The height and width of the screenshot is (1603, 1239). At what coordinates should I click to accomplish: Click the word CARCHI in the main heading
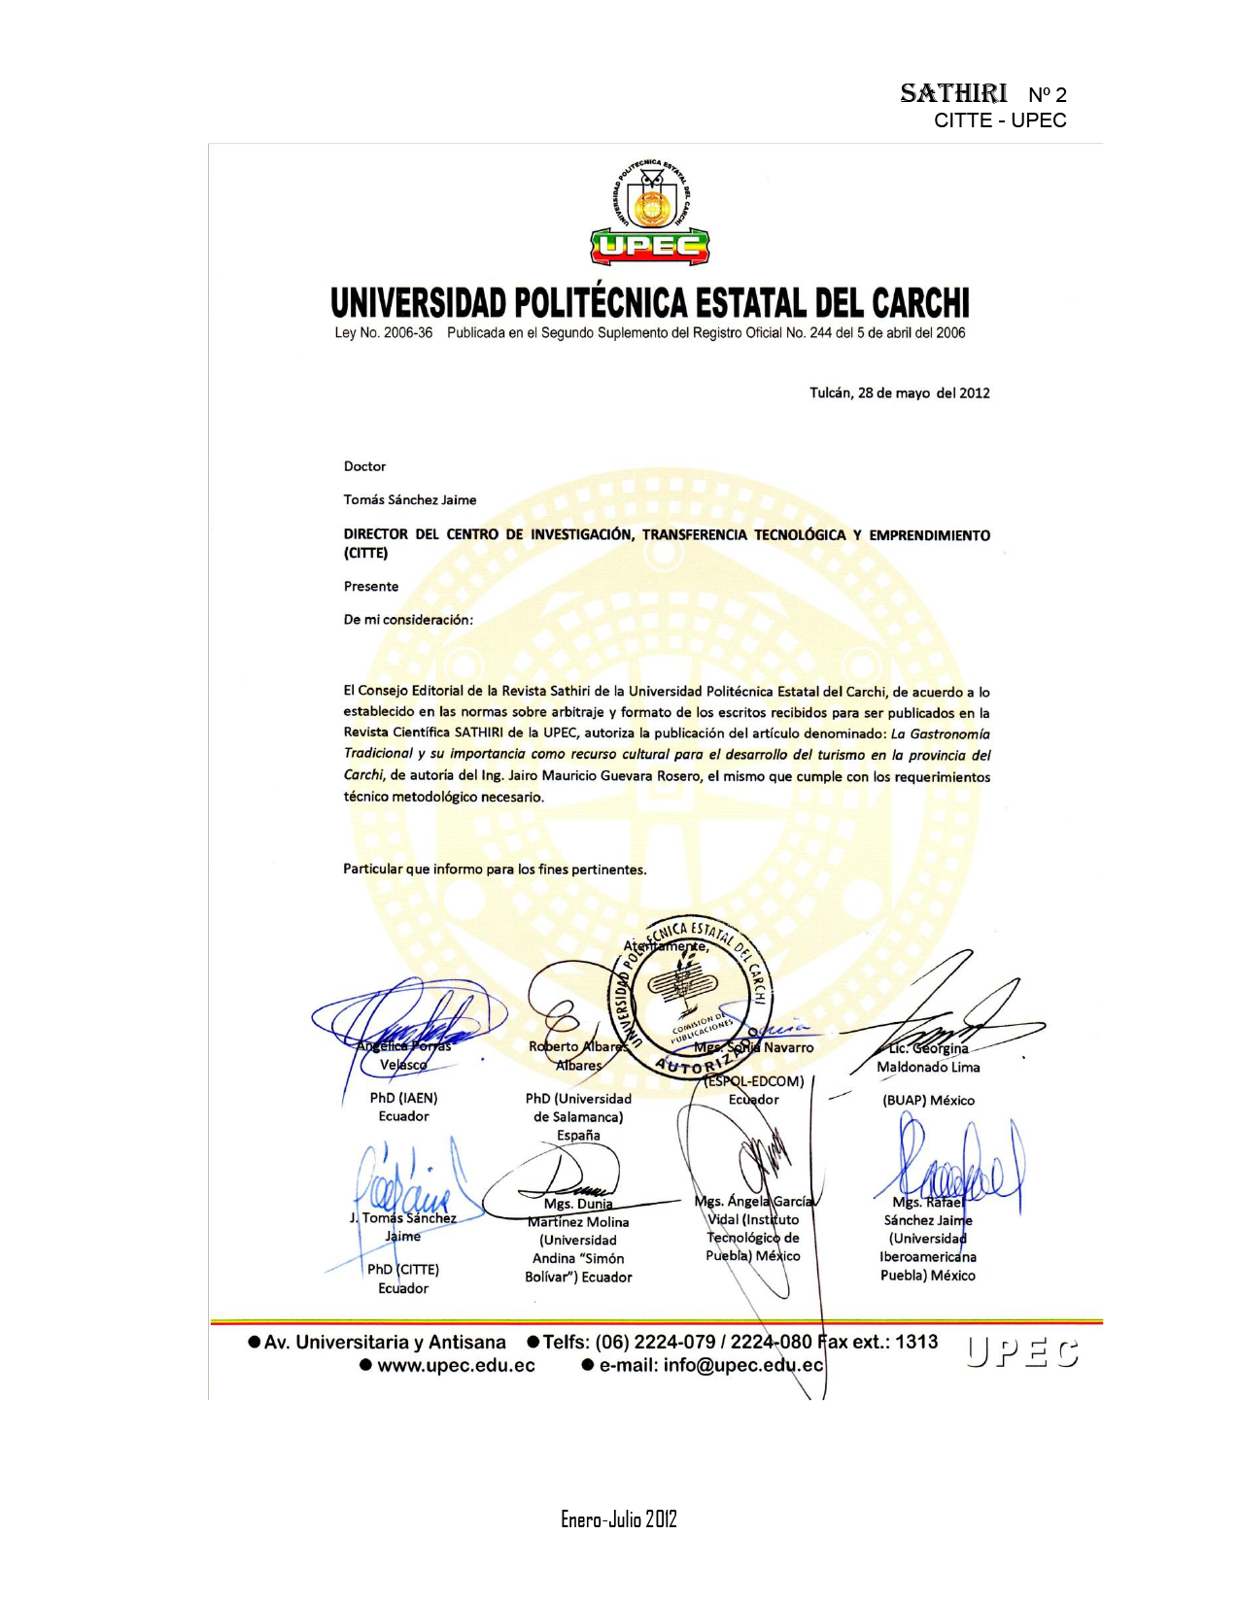(x=920, y=304)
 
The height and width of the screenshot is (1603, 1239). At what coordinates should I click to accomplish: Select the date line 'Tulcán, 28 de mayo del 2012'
(x=900, y=393)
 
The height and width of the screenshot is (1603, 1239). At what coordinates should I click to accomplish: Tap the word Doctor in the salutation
(x=364, y=466)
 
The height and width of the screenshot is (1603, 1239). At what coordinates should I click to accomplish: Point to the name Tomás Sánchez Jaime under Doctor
(x=410, y=500)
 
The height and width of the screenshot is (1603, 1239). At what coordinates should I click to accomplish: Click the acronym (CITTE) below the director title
(x=365, y=554)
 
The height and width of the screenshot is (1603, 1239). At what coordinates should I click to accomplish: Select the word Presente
(x=371, y=587)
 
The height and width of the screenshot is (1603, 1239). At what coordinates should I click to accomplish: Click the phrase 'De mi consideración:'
(x=408, y=620)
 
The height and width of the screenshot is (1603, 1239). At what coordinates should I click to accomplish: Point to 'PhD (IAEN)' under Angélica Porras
(x=403, y=1098)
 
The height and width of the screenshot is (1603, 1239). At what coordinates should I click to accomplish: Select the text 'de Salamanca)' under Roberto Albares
(x=578, y=1117)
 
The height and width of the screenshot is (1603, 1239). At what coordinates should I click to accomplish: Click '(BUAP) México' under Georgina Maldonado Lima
(x=928, y=1101)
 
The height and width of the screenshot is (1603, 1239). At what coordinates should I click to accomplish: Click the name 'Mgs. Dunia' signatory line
(x=578, y=1205)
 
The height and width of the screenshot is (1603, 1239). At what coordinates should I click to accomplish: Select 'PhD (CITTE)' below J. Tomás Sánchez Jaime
(x=403, y=1270)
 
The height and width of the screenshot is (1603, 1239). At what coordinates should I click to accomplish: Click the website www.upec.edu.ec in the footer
(x=456, y=1366)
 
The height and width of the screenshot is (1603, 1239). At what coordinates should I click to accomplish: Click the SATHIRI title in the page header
(x=953, y=94)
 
